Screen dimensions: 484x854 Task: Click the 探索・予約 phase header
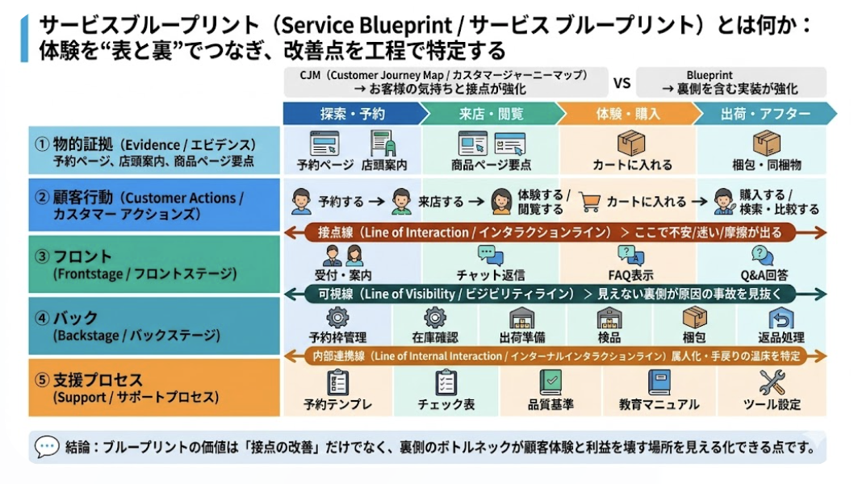[x=352, y=114]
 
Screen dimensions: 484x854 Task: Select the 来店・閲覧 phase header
[x=490, y=114]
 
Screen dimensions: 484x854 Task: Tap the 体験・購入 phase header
[x=627, y=114]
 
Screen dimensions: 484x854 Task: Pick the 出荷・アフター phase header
[x=765, y=114]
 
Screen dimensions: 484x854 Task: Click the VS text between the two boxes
[x=622, y=82]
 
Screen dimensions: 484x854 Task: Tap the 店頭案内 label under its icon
[x=384, y=165]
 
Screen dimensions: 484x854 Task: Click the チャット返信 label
[x=491, y=275]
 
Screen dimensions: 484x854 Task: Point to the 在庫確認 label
[x=435, y=337]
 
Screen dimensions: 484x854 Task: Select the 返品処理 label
[x=781, y=337]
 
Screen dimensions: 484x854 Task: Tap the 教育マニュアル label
[x=659, y=404]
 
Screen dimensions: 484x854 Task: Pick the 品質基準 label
[x=550, y=404]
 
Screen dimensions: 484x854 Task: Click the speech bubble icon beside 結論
[x=48, y=445]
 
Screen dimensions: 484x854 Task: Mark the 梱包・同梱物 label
[x=766, y=165]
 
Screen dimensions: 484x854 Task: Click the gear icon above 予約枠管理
[x=337, y=317]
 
